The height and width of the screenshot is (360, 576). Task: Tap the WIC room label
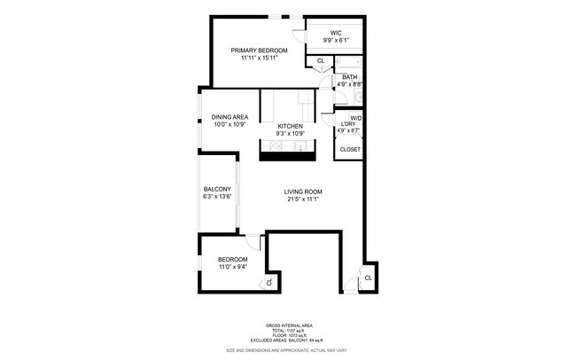coord(336,33)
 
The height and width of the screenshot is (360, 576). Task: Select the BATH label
coord(349,77)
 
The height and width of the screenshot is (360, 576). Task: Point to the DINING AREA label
coord(230,117)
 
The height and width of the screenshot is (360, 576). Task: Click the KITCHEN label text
coord(291,127)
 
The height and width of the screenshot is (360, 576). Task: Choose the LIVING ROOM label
coord(302,192)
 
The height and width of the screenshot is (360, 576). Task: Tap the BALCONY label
coord(217,189)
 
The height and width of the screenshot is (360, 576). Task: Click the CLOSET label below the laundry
coord(350,150)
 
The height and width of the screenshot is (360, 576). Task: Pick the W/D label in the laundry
coord(354,119)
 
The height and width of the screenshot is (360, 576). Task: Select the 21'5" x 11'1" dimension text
coord(302,200)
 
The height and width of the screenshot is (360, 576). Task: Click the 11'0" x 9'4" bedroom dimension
coord(227,266)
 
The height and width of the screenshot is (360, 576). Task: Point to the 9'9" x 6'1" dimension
coord(336,40)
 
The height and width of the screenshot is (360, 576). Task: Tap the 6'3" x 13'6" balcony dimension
coord(217,197)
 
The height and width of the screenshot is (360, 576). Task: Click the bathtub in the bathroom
coord(347,64)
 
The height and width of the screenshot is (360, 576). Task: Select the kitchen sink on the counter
coord(301,147)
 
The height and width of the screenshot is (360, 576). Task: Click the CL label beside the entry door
coord(368,278)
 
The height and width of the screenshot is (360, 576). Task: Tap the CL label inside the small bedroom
coord(269,283)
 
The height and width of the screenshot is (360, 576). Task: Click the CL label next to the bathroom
coord(320,61)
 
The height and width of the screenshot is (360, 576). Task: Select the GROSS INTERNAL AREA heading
coord(287,326)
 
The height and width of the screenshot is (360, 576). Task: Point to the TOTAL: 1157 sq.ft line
coord(287,332)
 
